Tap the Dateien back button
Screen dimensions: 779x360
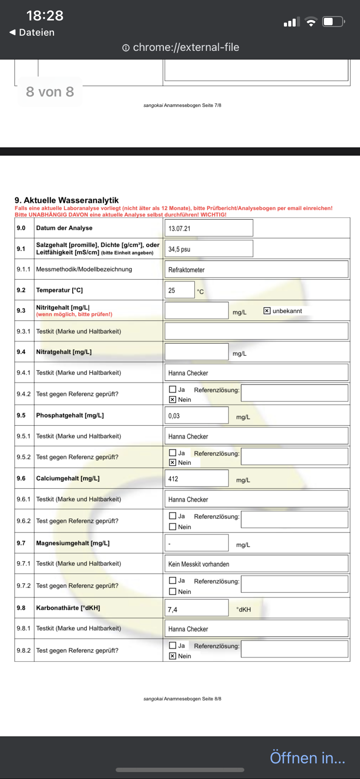tap(32, 33)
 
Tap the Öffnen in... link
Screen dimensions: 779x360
tap(307, 758)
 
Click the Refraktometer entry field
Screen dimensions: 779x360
tap(256, 270)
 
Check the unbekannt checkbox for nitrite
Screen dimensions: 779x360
tap(267, 311)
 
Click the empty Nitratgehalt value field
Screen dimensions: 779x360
tap(197, 352)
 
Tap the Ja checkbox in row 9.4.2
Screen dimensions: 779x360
tap(173, 389)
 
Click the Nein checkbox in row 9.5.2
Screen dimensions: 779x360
tap(173, 463)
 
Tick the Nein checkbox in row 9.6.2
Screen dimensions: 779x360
tap(173, 527)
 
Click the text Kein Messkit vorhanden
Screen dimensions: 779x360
tap(199, 564)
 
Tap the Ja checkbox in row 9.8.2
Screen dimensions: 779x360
tap(173, 646)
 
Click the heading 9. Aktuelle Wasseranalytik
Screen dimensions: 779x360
tap(67, 200)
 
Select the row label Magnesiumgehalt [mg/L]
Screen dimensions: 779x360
tap(73, 543)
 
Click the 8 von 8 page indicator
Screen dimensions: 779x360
tap(50, 92)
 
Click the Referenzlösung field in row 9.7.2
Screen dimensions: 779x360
tap(294, 584)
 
